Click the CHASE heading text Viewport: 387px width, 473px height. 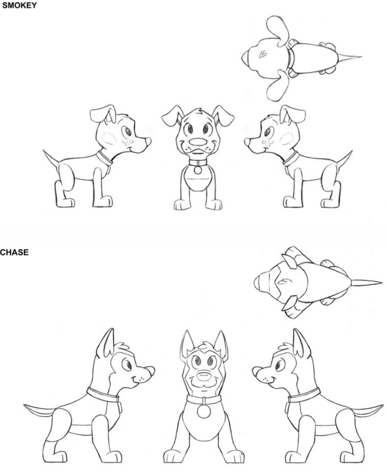pos(14,252)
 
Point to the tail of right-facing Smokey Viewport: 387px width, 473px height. pos(50,158)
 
